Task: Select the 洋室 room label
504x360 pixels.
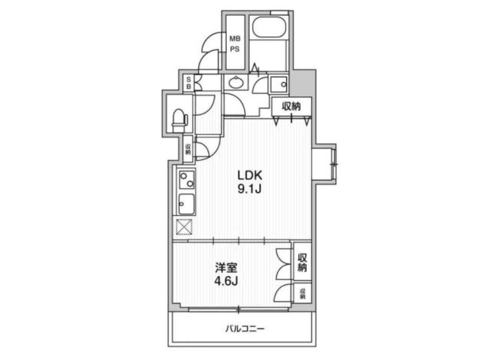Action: tap(226, 267)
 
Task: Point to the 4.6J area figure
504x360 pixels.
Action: tap(226, 281)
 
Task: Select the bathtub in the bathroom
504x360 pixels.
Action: tap(269, 27)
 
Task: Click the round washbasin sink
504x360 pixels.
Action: tap(236, 83)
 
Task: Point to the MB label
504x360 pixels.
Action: tap(235, 39)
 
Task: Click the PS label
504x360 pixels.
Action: tap(235, 49)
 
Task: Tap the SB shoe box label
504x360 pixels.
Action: tap(188, 83)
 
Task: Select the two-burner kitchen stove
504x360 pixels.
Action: tap(186, 180)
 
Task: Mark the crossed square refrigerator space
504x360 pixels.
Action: tap(185, 227)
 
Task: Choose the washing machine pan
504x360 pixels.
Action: tap(278, 84)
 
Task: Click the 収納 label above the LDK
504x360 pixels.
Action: tap(292, 106)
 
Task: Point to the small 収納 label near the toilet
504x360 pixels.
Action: tap(188, 148)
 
